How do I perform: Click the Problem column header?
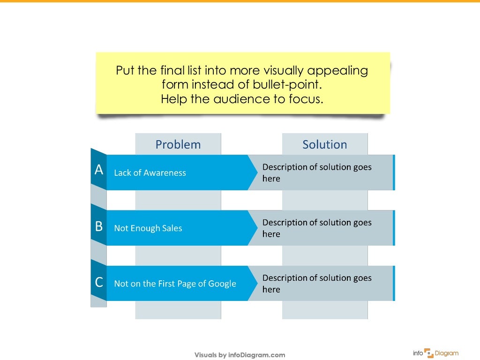[x=178, y=144]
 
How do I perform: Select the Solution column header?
[x=325, y=144]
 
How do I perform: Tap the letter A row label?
[x=99, y=170]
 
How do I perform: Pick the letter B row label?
[x=99, y=226]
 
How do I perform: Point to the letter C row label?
[x=99, y=282]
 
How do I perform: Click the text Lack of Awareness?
[x=150, y=173]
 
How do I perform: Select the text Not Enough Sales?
[x=148, y=228]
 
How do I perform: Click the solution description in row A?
[x=317, y=172]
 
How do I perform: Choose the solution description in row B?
[x=317, y=228]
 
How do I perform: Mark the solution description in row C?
[x=317, y=283]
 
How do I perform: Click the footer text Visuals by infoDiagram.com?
[x=240, y=355]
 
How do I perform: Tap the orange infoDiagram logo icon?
[x=429, y=353]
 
